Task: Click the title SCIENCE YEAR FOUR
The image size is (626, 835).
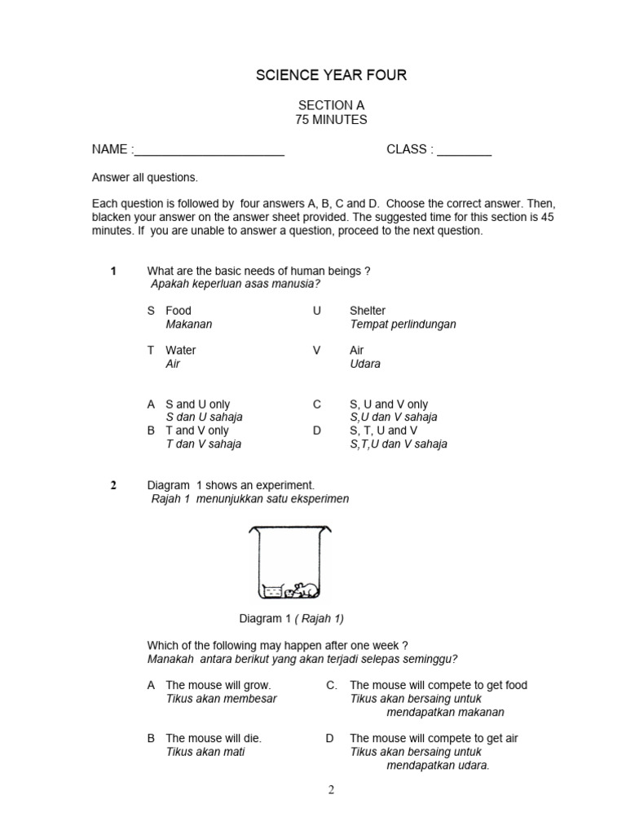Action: [x=331, y=76]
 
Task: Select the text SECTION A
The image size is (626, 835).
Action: [x=331, y=106]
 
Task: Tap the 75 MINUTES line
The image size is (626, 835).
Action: [x=331, y=120]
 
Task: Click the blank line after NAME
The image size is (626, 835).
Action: [x=209, y=151]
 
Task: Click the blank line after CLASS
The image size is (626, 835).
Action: [x=464, y=151]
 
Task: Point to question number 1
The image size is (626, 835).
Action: [x=114, y=271]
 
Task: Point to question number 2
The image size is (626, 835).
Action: [x=114, y=485]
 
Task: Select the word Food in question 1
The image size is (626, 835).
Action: [x=179, y=311]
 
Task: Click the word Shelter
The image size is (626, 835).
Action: [x=368, y=311]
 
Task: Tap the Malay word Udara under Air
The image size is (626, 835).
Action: [x=365, y=364]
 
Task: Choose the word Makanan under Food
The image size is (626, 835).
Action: [x=188, y=324]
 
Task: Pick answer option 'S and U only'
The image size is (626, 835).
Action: [x=198, y=404]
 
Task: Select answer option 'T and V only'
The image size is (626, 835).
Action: [x=198, y=431]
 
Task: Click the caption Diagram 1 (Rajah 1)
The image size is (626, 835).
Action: [x=285, y=619]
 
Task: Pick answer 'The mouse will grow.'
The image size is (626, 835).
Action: [x=218, y=686]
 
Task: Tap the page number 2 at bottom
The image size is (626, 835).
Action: [x=331, y=789]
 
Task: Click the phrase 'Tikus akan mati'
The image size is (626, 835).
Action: [x=205, y=752]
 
